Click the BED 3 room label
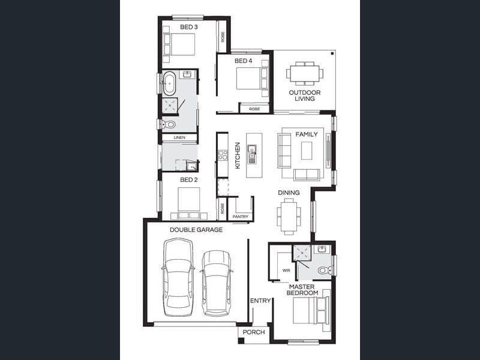(188, 27)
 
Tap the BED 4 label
(244, 61)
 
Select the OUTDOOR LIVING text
(305, 95)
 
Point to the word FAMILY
(307, 134)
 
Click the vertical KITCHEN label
(238, 155)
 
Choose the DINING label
(289, 193)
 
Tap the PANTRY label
(241, 217)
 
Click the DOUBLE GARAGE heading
(196, 230)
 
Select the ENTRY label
(260, 301)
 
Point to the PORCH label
(254, 332)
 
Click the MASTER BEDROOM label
(302, 290)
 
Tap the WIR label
(286, 271)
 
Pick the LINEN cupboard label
(179, 138)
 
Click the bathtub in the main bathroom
(169, 83)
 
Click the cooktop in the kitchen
(223, 155)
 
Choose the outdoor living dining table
(305, 73)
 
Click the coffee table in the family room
(307, 151)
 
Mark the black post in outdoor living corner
(332, 53)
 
